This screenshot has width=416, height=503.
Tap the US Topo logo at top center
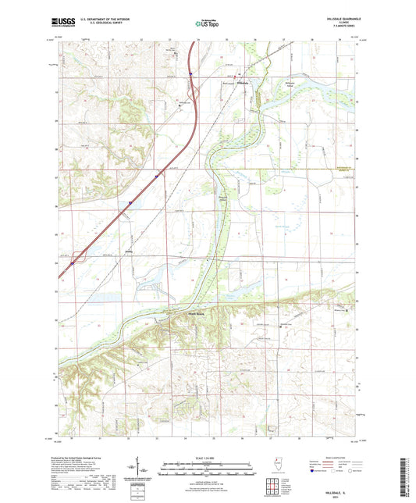coord(207,23)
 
